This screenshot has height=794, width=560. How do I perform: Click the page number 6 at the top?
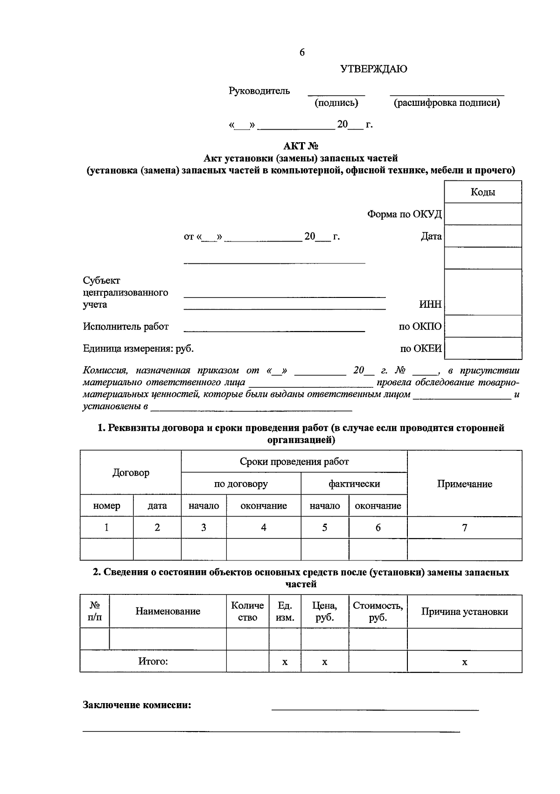302,53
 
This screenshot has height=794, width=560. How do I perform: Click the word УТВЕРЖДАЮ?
373,69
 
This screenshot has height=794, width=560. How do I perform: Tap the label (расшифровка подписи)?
447,103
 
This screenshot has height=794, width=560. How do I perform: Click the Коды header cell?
483,192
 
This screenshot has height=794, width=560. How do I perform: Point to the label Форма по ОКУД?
404,214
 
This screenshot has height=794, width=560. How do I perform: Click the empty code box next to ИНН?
483,292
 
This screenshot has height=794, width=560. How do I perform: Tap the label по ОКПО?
420,326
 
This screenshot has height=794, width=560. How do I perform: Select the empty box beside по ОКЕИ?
483,348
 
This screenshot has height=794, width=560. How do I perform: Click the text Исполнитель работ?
126,326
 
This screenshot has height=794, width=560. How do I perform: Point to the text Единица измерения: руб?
138,348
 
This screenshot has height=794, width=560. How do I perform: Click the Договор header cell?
131,473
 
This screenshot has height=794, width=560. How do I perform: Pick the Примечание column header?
464,484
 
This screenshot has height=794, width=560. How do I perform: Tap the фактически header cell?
354,484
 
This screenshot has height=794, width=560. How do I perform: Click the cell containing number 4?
264,528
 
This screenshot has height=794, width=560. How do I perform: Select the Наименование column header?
168,611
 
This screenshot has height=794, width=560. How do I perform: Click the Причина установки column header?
464,612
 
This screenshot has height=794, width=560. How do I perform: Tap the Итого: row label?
153,661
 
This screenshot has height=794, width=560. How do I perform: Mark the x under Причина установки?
464,662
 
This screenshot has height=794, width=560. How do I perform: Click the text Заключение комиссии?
137,705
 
